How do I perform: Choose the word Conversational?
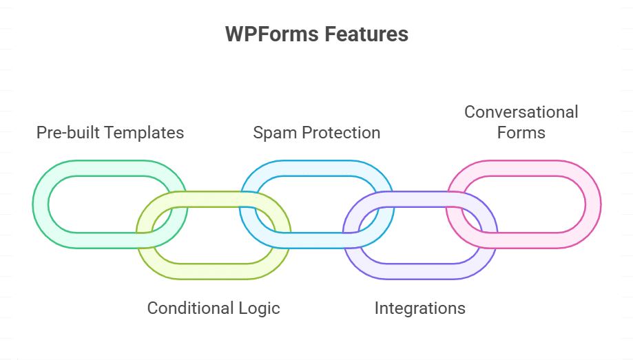(x=521, y=112)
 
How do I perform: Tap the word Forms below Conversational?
(x=521, y=132)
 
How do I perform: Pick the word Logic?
(x=258, y=308)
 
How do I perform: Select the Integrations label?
(x=419, y=308)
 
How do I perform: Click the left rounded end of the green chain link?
(x=41, y=204)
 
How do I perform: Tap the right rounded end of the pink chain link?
(x=593, y=204)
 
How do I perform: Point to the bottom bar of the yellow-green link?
(x=214, y=271)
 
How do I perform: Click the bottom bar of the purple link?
(x=420, y=271)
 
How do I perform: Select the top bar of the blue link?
(x=317, y=168)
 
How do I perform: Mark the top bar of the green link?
(x=110, y=168)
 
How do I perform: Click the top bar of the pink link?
(x=523, y=168)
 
